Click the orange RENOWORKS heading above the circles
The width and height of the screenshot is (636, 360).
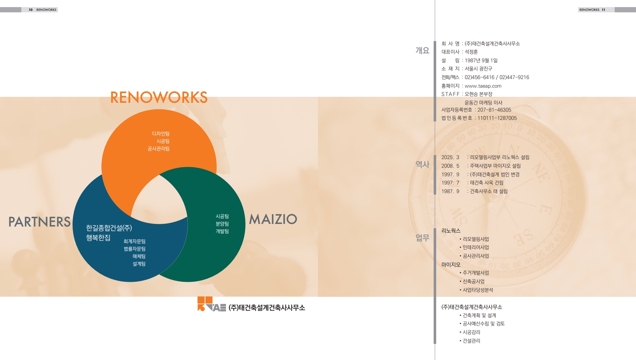click(x=159, y=97)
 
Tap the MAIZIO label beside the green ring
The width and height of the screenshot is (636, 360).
click(x=273, y=219)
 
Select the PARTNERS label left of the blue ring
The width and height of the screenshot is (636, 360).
click(x=39, y=222)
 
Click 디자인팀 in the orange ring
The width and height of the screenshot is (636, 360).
click(x=161, y=133)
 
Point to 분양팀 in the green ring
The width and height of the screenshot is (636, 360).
click(x=222, y=224)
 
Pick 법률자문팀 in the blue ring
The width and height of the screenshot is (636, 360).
click(x=135, y=249)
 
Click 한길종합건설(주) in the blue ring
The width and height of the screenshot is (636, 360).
click(x=109, y=228)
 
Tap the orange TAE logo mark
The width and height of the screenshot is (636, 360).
click(x=211, y=304)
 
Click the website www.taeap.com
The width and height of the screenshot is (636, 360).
click(x=483, y=86)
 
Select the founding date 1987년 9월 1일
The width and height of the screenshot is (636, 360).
click(x=481, y=61)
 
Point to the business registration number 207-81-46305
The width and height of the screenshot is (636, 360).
click(x=494, y=110)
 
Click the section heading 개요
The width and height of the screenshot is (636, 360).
click(x=422, y=50)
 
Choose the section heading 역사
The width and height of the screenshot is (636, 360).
click(x=422, y=164)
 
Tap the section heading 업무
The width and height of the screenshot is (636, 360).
click(x=422, y=238)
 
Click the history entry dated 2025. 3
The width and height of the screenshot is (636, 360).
click(x=485, y=157)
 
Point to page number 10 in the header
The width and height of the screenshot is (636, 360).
click(x=31, y=10)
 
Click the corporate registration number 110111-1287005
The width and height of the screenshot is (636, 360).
click(x=497, y=118)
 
